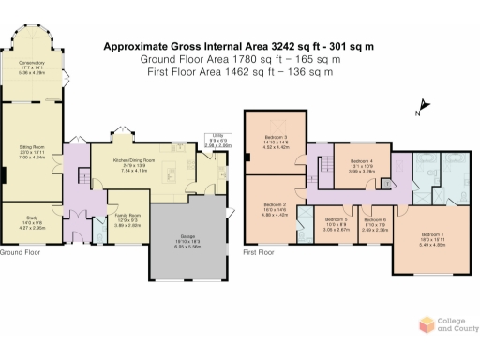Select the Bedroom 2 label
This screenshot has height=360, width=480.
tap(273, 204)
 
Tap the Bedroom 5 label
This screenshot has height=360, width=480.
tap(336, 221)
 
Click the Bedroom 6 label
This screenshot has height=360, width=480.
tap(375, 221)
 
